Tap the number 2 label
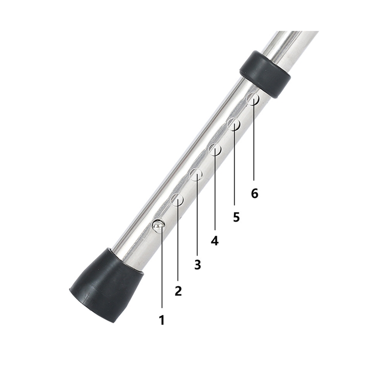178,291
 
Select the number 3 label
197,264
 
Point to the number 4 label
215,241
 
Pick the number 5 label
236,217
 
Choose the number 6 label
254,193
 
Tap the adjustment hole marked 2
177,200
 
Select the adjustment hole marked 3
196,174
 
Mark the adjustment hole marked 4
215,148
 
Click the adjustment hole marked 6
253,99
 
